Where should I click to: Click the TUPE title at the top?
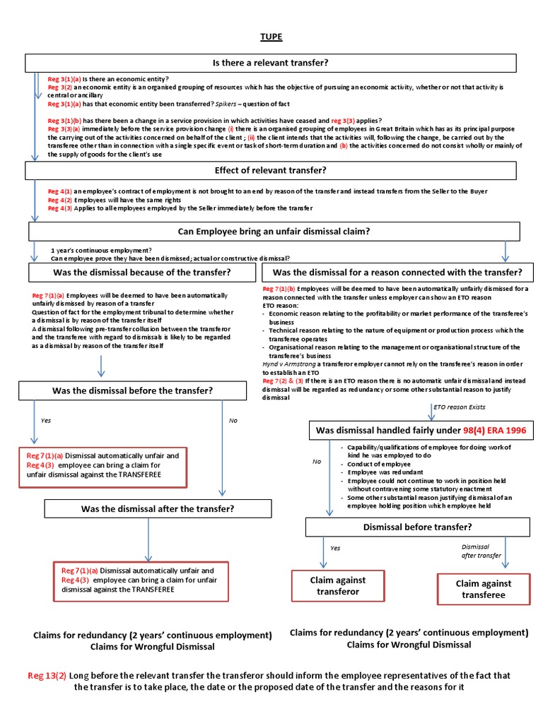(x=271, y=36)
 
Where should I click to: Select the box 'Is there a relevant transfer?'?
(x=271, y=64)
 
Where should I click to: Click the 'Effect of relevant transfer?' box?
(x=271, y=170)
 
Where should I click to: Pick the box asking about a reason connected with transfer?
(x=397, y=272)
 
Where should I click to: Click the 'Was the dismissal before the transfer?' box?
(x=132, y=390)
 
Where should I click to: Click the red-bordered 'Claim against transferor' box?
(x=338, y=586)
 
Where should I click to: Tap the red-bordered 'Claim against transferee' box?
(x=484, y=589)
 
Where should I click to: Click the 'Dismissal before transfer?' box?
(x=417, y=527)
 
